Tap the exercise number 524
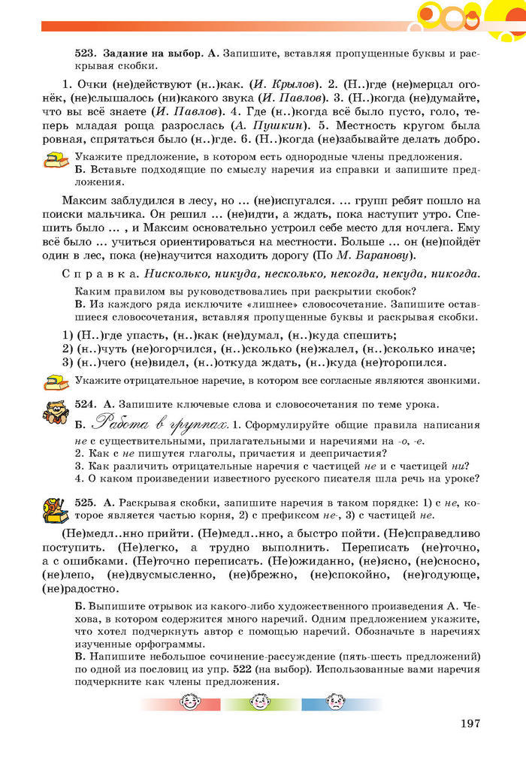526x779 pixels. (x=85, y=404)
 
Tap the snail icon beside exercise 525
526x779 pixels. (x=55, y=511)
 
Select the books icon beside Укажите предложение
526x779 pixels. (x=55, y=160)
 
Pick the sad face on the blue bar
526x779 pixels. (x=333, y=703)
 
